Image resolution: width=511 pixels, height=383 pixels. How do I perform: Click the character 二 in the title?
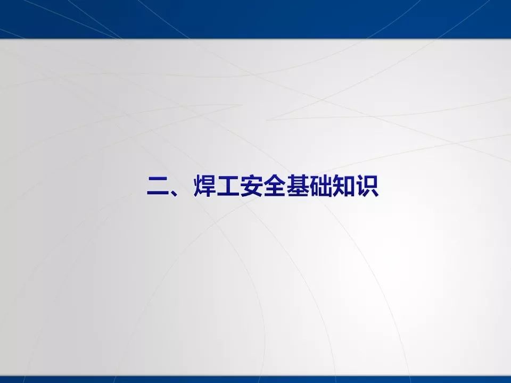158,187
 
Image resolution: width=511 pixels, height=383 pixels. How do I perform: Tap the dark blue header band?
256,19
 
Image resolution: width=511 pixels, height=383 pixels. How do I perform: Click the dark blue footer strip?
256,379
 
